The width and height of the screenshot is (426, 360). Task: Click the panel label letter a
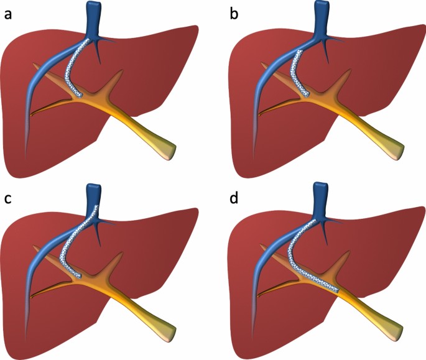pyautogui.click(x=8, y=15)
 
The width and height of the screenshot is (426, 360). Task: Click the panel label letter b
pyautogui.click(x=234, y=14)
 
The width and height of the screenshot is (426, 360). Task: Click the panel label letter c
pyautogui.click(x=8, y=198)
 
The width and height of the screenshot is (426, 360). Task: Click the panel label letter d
pyautogui.click(x=234, y=198)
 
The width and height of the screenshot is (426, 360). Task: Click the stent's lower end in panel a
pyautogui.click(x=79, y=95)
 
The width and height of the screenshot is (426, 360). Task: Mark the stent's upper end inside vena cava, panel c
pyautogui.click(x=96, y=206)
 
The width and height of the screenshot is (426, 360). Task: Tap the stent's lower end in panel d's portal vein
pyautogui.click(x=338, y=291)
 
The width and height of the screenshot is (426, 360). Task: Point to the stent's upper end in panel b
pyautogui.click(x=300, y=51)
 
